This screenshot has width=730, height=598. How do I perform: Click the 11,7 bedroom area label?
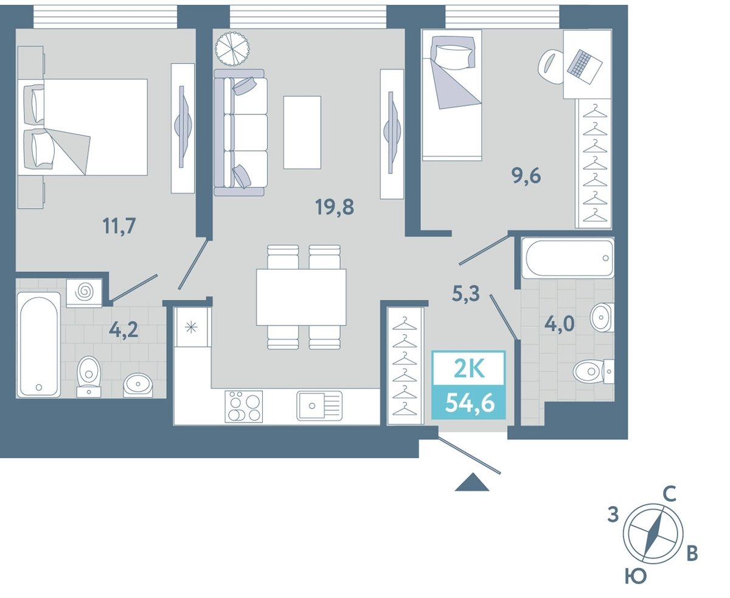pos(119,226)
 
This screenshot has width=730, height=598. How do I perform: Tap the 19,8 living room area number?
pos(335,207)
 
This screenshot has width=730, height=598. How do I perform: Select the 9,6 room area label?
pos(526,177)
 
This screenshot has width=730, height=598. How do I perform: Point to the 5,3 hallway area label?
pos(466,294)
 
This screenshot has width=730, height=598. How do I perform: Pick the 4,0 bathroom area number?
pos(559,324)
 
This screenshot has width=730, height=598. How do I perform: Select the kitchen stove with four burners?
pos(244,406)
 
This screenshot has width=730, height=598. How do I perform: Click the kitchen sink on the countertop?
pos(319,406)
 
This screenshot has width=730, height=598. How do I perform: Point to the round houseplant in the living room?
pos(232,49)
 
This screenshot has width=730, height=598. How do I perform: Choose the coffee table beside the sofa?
pos(302,132)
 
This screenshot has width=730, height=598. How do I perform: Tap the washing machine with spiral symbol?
pos(84,293)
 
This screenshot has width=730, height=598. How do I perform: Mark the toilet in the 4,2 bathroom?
pos(89,376)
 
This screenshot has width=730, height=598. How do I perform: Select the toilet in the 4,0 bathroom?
pos(593,371)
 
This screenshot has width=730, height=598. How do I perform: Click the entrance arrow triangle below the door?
pos(471,483)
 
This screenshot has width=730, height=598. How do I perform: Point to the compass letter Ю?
pos(636,577)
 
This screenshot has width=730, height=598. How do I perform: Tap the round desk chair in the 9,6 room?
pos(551,66)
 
